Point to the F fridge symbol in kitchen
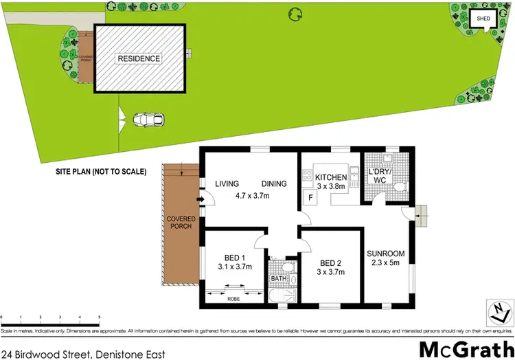(x=310, y=199)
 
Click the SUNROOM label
(x=385, y=254)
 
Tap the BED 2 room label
(x=331, y=262)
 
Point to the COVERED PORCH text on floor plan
(x=181, y=223)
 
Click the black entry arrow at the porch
(x=200, y=201)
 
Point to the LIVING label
(x=227, y=184)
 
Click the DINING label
(x=275, y=184)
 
